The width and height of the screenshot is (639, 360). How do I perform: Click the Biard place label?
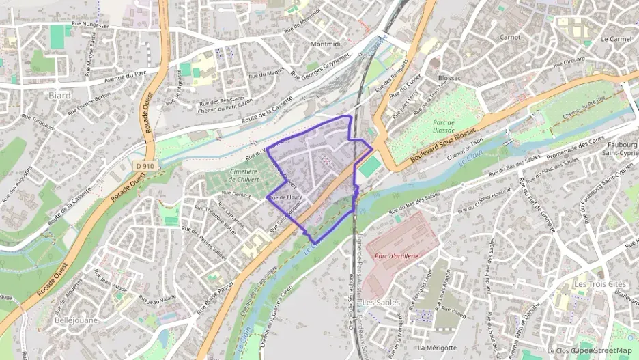click(x=60, y=96)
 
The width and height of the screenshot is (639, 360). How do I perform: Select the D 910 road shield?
click(x=143, y=165)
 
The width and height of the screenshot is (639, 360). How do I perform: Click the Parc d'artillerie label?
click(x=395, y=255)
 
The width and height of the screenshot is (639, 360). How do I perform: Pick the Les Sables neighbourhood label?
click(x=381, y=302)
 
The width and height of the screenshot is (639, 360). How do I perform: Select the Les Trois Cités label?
click(x=599, y=283)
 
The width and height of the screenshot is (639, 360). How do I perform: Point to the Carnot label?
click(x=511, y=37)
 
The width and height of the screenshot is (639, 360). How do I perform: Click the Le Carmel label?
click(x=616, y=39)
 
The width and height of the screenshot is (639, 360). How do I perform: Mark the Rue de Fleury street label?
click(x=286, y=197)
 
